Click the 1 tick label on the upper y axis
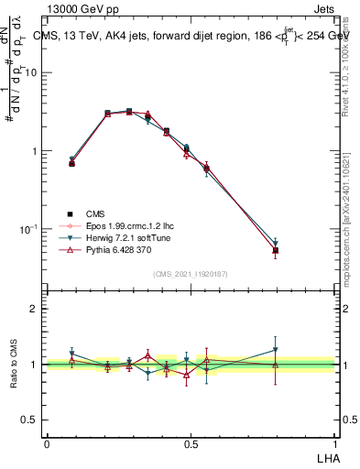click(x=35, y=151)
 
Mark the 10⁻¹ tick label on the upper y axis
click(x=30, y=229)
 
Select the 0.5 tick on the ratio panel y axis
click(x=30, y=420)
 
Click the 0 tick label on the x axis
click(x=47, y=443)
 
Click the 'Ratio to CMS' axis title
click(x=13, y=365)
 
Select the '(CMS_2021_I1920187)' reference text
click(x=190, y=272)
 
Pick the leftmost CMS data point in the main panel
click(x=72, y=163)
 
